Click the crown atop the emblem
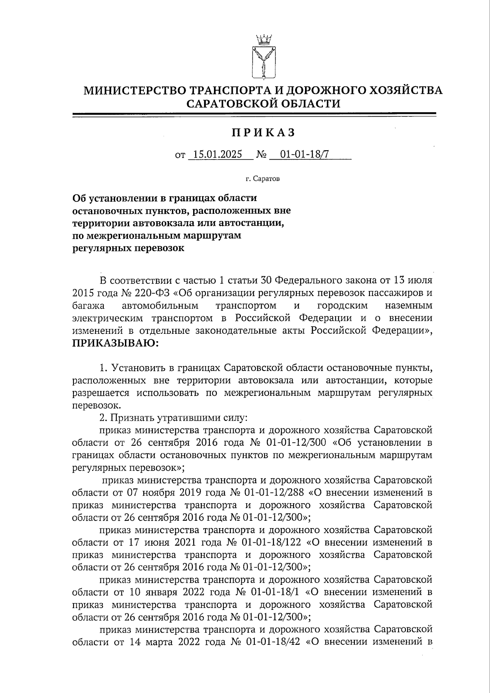click(x=263, y=40)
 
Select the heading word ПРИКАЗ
click(x=263, y=133)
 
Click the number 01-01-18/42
click(x=273, y=641)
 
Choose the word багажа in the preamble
click(x=88, y=305)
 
